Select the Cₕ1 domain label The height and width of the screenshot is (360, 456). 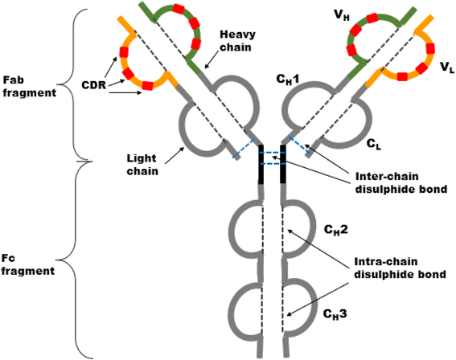tap(288, 80)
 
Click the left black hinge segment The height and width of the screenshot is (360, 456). tap(261, 165)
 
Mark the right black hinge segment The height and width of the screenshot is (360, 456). tap(282, 165)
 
